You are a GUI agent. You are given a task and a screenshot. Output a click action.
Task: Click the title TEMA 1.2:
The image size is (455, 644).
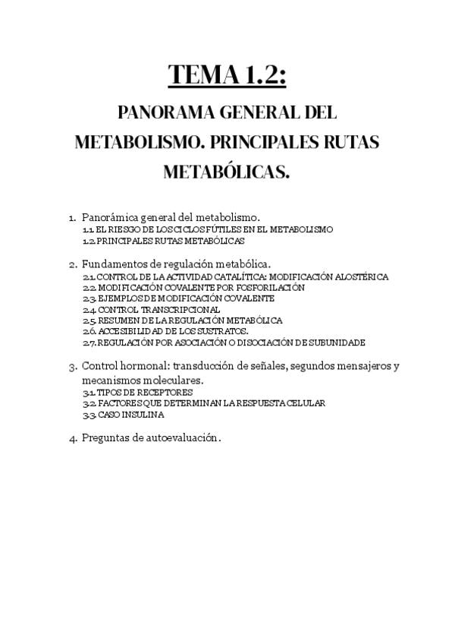227,75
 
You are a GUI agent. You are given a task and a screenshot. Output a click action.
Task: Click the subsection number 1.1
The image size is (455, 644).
88,229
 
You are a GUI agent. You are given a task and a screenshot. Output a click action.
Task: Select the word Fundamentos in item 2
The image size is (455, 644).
113,264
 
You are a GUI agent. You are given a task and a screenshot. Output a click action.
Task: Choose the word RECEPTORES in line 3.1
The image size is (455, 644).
155,392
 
